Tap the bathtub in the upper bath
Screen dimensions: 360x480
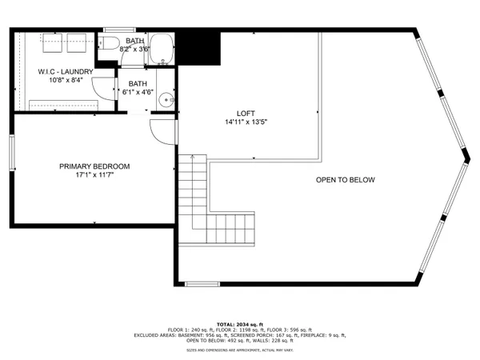162,50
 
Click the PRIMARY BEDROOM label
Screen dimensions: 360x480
94,166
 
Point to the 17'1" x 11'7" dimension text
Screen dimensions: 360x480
94,175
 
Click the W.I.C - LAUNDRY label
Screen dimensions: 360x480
66,71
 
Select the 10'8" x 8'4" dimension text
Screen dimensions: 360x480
66,80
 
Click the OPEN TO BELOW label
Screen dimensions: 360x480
345,180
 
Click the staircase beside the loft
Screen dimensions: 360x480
216,208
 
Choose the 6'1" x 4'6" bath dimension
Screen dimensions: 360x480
138,91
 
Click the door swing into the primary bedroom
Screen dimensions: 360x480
161,133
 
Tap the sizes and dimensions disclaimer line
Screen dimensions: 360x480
240,350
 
